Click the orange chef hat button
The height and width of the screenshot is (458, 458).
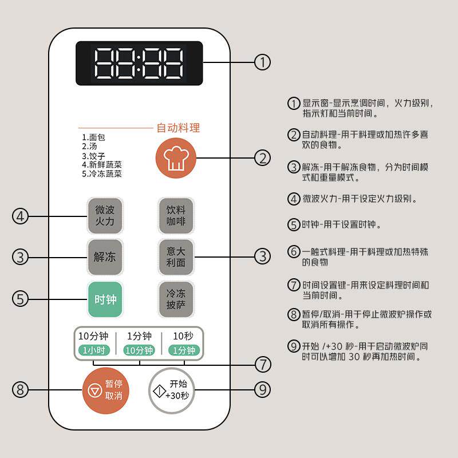click(x=175, y=158)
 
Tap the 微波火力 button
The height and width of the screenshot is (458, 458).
click(x=105, y=216)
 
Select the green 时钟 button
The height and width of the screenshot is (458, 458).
click(x=105, y=299)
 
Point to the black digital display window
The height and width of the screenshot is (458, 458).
click(x=139, y=63)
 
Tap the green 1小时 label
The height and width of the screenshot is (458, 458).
click(x=94, y=350)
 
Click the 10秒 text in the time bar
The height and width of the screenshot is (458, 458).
click(x=183, y=336)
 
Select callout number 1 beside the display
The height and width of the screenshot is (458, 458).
click(x=262, y=62)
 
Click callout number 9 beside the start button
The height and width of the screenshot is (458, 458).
click(x=262, y=390)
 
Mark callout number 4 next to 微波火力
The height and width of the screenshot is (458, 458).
click(x=21, y=216)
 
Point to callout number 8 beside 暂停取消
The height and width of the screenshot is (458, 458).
click(x=21, y=390)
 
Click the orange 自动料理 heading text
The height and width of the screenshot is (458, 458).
click(x=178, y=128)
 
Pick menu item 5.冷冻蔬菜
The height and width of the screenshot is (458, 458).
click(x=101, y=174)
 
